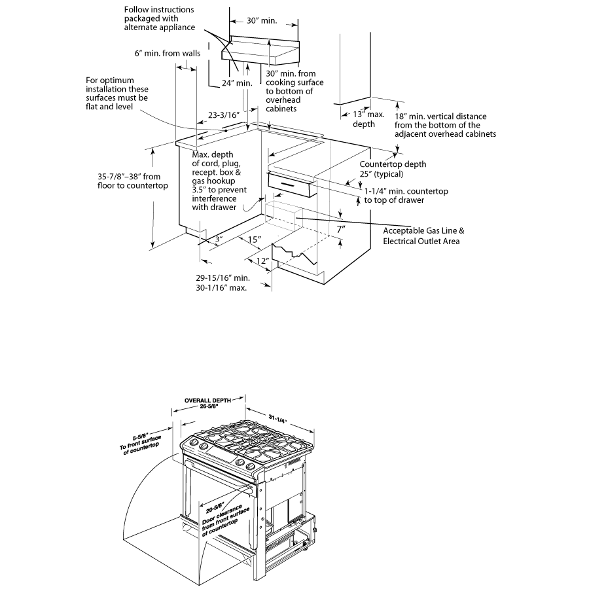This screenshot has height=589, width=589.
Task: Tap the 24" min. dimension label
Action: [x=236, y=83]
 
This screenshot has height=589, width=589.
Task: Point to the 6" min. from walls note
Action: [x=166, y=53]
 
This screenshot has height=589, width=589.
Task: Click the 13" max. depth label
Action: [x=365, y=119]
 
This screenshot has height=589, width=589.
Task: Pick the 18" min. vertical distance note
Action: [x=445, y=125]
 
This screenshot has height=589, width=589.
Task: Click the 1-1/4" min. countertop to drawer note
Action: [x=406, y=195]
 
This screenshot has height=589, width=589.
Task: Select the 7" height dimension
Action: [x=340, y=230]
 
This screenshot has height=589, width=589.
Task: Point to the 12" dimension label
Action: [x=262, y=260]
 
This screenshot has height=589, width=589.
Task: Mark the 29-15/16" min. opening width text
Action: [x=223, y=277]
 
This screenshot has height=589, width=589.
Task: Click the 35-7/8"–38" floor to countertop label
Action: [x=128, y=181]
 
